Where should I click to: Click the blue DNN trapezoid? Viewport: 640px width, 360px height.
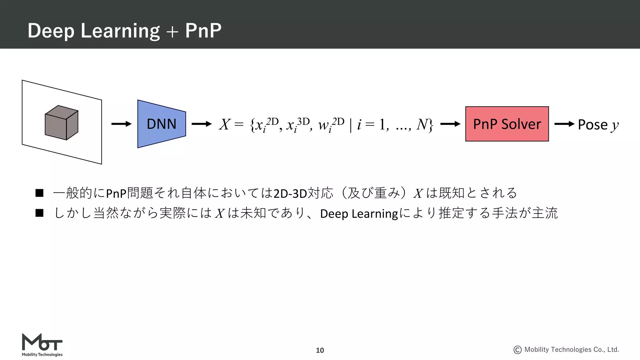click(162, 124)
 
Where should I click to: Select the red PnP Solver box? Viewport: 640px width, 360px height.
click(507, 124)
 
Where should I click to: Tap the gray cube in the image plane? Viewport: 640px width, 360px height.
click(62, 123)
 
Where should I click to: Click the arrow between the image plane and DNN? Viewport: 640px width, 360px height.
click(121, 124)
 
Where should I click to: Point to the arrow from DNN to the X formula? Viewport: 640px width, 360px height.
click(202, 124)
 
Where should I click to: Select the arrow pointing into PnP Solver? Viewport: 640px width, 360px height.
click(450, 124)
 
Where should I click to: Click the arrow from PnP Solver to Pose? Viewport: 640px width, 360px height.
click(564, 124)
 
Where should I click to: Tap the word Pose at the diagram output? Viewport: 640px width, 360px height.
click(592, 125)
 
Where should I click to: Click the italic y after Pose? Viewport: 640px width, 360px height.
click(615, 125)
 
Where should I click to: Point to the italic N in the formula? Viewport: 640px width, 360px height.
click(422, 124)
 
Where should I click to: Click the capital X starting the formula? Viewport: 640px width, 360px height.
click(224, 124)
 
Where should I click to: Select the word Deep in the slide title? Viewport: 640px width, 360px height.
click(51, 31)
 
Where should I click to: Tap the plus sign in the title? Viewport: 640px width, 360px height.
click(172, 32)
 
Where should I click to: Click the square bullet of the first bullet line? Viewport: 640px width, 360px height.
click(39, 193)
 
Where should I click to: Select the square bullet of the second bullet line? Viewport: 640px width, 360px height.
click(39, 213)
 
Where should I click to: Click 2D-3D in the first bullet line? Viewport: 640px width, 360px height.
click(290, 193)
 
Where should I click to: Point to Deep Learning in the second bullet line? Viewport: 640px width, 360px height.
click(359, 214)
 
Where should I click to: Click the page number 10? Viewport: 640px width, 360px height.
click(320, 350)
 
